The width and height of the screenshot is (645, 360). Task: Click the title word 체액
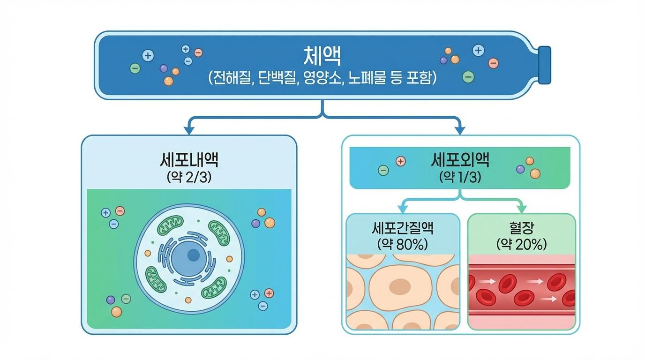(322, 56)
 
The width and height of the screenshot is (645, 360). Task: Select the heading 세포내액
(189, 161)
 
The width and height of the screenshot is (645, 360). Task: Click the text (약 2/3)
(189, 178)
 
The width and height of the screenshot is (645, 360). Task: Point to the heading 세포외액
(460, 160)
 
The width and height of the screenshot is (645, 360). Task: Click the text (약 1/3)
(460, 177)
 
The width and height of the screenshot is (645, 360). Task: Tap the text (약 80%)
(402, 244)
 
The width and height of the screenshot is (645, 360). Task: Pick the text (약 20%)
(521, 244)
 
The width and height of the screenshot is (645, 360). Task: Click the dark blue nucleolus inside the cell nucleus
(193, 255)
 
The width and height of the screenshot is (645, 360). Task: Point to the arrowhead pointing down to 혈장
(521, 209)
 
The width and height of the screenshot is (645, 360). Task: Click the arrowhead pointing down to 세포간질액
(402, 209)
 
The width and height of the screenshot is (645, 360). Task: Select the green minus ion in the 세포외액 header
(383, 171)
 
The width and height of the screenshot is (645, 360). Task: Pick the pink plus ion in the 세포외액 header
(400, 161)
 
